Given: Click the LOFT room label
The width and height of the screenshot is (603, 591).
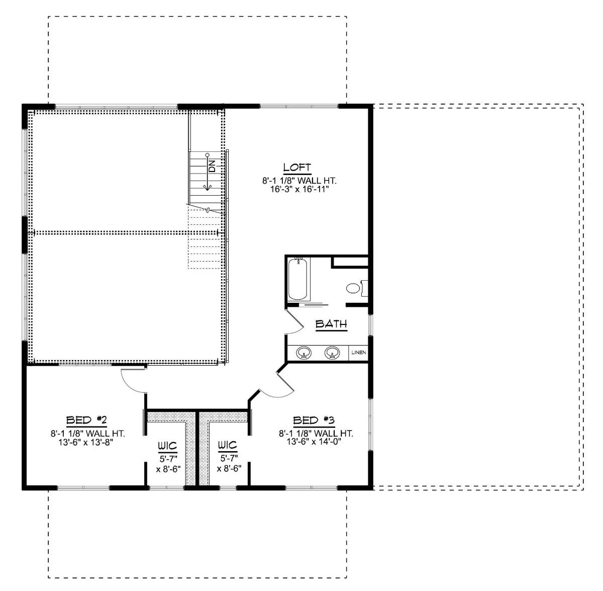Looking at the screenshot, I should pos(297,167).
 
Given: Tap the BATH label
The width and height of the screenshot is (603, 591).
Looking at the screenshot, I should pos(331,324).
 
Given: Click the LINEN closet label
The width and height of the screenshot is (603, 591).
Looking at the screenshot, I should pos(359,353).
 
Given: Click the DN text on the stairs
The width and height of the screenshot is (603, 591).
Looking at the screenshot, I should pos(212,166).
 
